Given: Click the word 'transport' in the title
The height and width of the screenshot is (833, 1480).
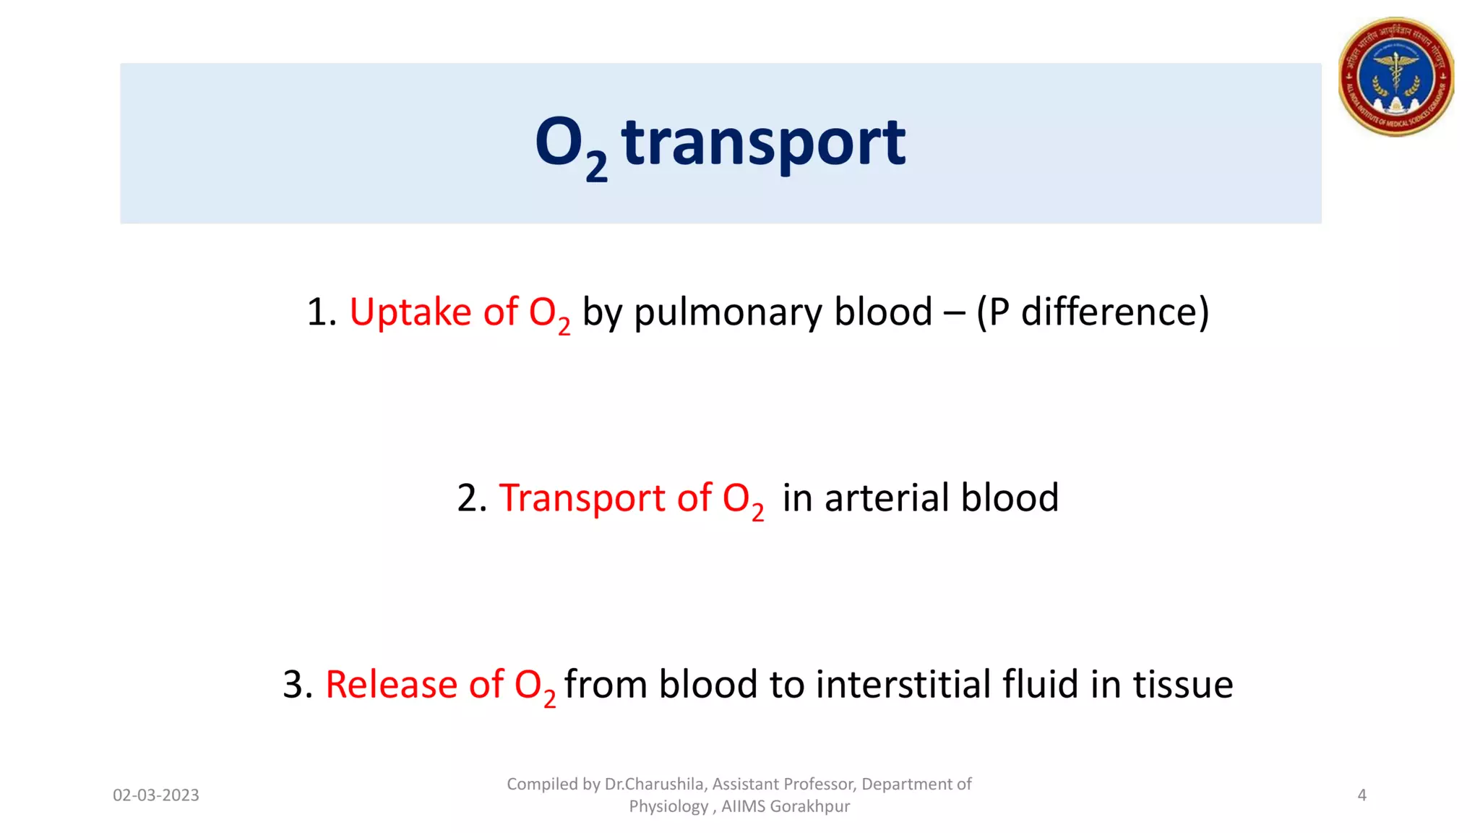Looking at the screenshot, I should tap(762, 142).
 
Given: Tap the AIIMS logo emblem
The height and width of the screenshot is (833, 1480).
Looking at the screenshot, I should tap(1395, 77).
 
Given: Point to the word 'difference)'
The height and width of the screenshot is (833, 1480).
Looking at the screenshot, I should tap(1114, 312).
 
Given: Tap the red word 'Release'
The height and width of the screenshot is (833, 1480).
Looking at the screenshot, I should tap(391, 684).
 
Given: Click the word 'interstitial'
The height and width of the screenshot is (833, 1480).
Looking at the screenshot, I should tap(903, 684).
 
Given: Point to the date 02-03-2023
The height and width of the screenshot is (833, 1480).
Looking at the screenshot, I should tap(155, 795).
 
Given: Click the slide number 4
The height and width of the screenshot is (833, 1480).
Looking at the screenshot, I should tap(1361, 795).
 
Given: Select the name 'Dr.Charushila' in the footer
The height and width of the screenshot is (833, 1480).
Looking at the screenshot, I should tap(654, 785).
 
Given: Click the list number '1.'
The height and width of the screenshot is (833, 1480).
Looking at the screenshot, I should tap(321, 312).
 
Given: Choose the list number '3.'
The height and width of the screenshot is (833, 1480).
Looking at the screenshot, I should tap(297, 684).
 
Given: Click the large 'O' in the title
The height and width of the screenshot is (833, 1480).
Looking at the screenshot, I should tap(559, 142).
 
